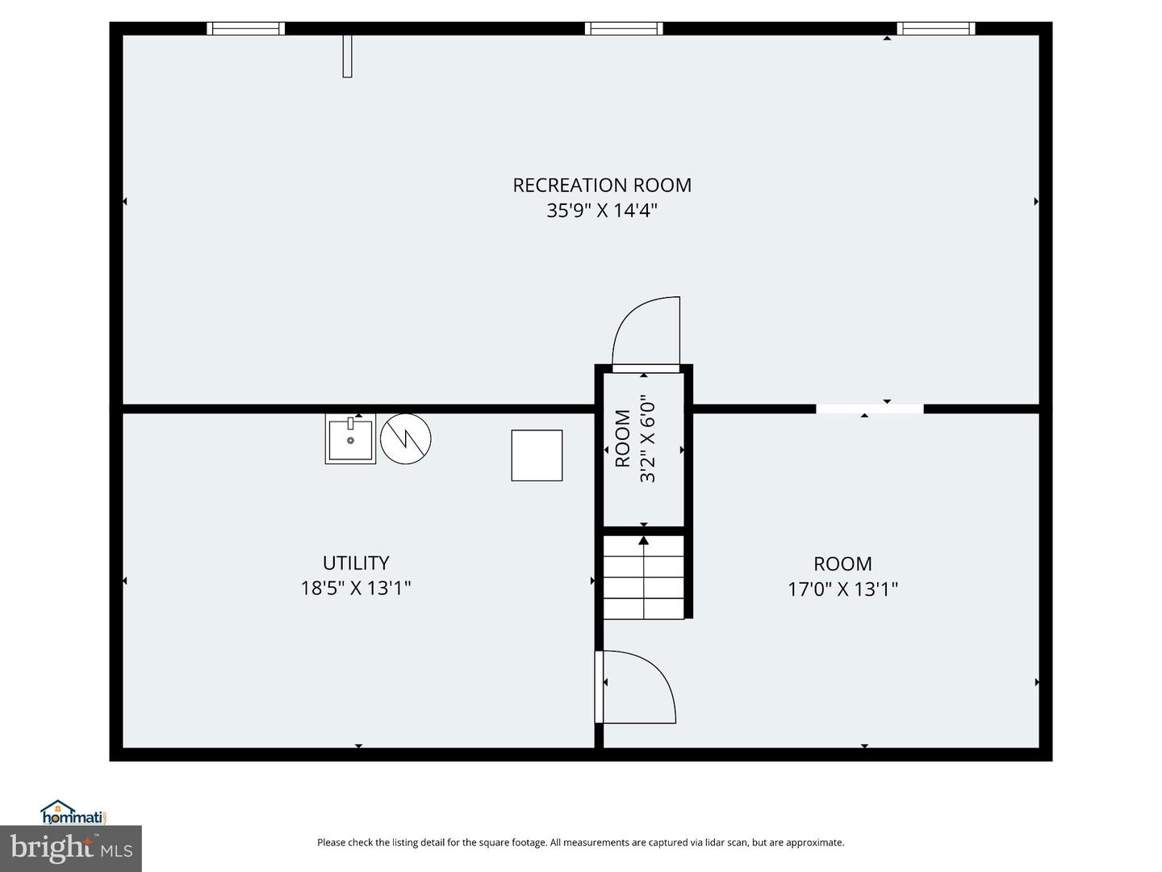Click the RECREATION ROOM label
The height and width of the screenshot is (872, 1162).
click(602, 186)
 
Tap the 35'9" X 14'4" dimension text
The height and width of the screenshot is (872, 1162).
click(602, 211)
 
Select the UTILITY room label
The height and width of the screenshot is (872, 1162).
click(356, 562)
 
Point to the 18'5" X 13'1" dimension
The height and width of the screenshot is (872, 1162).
click(356, 589)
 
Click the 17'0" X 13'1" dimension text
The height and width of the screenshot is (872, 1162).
click(842, 589)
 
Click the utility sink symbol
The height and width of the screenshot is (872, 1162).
click(350, 439)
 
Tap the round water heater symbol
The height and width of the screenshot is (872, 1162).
click(406, 439)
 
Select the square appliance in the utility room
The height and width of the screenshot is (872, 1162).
click(537, 455)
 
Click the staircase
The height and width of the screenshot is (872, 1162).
click(644, 577)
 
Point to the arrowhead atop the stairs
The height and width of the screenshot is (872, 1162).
click(644, 541)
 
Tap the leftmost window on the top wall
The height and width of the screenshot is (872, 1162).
click(245, 28)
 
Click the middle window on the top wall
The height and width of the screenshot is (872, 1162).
click(624, 28)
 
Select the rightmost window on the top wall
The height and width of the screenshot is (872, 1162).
click(936, 28)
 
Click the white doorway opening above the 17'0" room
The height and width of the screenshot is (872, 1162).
click(870, 409)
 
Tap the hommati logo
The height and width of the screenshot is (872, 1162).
click(75, 813)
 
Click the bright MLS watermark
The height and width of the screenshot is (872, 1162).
click(71, 848)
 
